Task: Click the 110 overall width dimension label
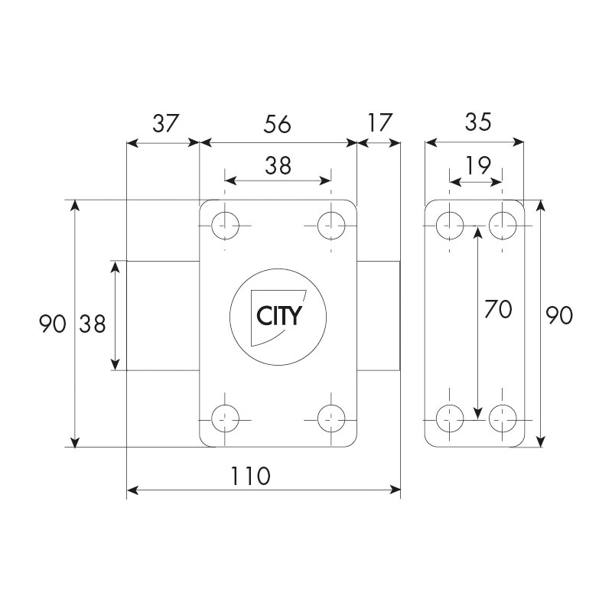tap(251, 476)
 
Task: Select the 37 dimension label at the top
tap(165, 123)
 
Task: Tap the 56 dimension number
tap(277, 124)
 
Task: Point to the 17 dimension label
tap(379, 122)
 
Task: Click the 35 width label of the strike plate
tap(478, 122)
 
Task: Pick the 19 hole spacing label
tap(477, 165)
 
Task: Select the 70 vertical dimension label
tap(498, 309)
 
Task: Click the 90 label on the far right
tap(559, 315)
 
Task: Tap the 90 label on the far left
tap(53, 324)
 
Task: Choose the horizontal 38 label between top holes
tap(278, 165)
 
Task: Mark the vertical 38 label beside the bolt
tap(93, 324)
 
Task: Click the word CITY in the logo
tap(279, 316)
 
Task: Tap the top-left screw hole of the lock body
tap(225, 226)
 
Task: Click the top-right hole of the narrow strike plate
tap(503, 226)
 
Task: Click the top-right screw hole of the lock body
tap(331, 226)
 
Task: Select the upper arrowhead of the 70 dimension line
tap(477, 231)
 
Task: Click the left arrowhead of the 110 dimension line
tap(132, 490)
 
